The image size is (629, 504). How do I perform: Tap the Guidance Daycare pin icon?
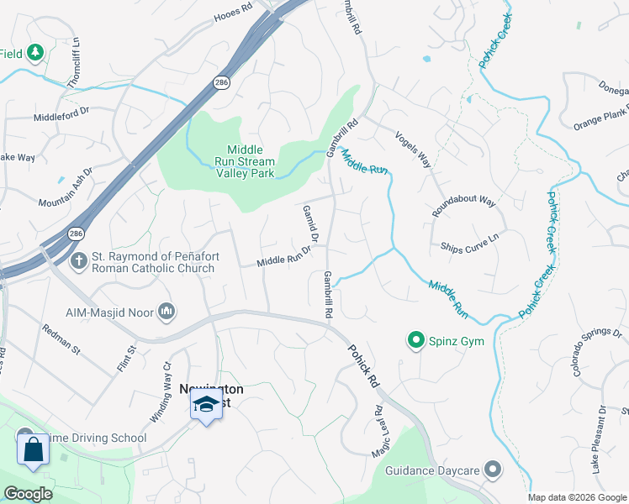click(x=494, y=470)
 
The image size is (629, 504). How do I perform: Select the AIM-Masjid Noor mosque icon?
click(x=166, y=312)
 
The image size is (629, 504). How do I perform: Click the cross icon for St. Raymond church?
click(x=79, y=260)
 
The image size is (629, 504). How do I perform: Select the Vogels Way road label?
click(x=413, y=149)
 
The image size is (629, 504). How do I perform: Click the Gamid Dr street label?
click(x=309, y=225)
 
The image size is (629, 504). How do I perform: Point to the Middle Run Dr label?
click(x=284, y=260)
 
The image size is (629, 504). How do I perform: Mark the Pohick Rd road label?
click(x=362, y=365)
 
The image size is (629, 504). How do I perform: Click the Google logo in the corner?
click(x=28, y=494)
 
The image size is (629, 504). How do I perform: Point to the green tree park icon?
click(x=35, y=55)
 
